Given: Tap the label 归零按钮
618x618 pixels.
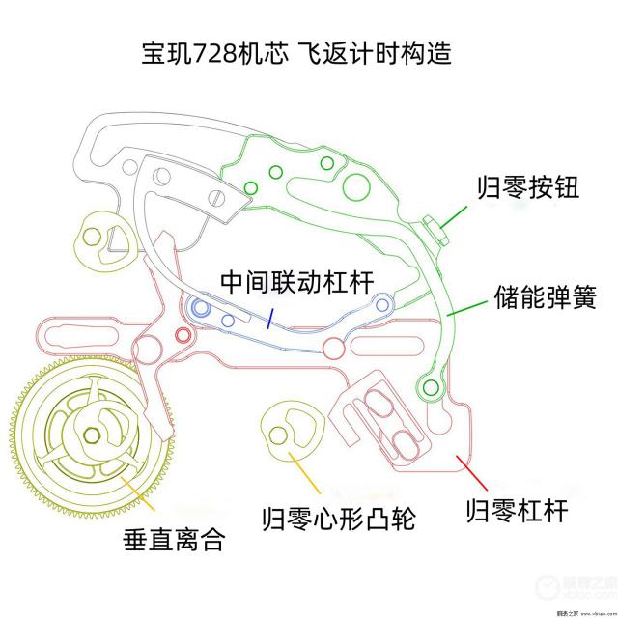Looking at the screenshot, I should coord(527,186).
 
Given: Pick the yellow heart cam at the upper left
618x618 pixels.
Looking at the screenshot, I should coord(102,237).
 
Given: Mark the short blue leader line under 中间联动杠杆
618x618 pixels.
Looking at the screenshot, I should coord(273,317).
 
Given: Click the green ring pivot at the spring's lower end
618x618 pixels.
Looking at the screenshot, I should coord(425,389).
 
